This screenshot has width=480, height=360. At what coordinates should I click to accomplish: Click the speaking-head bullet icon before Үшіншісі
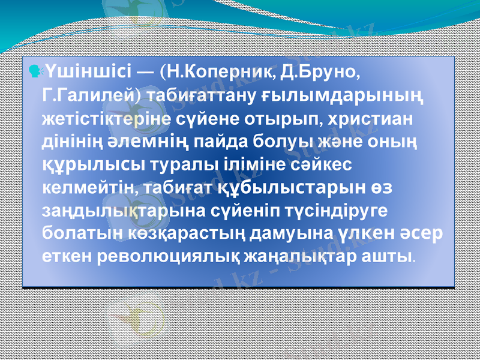pos(35,72)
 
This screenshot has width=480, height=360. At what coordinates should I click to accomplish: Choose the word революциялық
pos(143,256)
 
